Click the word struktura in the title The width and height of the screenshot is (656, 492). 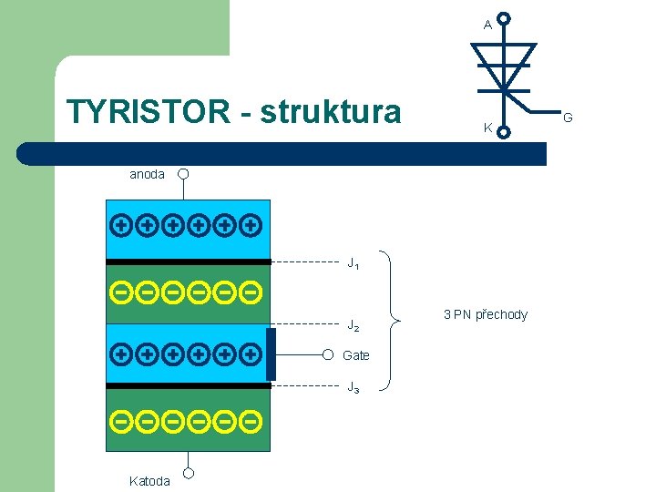331,112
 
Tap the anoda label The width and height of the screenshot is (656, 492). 147,174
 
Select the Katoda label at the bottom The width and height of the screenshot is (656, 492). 149,480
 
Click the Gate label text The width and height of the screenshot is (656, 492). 356,355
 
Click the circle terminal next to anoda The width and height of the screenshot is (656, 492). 183,173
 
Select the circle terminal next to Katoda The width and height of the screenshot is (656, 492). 189,473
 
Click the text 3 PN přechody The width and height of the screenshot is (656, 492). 485,314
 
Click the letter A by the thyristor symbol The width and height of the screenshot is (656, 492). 487,25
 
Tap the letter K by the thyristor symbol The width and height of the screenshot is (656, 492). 487,128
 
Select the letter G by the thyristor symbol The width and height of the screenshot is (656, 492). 568,117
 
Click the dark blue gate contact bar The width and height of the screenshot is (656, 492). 272,354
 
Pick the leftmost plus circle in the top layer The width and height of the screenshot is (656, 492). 119,223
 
